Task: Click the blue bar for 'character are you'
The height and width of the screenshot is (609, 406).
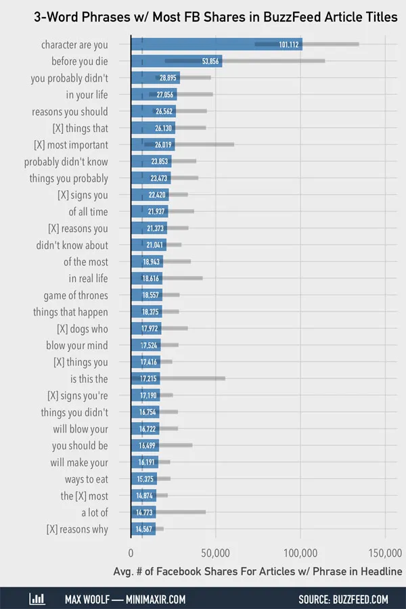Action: point(217,45)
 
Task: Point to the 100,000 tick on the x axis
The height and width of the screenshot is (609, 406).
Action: point(300,550)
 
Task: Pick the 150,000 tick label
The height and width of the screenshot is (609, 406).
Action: point(385,550)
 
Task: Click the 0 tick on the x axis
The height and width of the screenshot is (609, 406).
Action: point(131,550)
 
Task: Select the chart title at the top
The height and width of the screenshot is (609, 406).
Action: point(216,18)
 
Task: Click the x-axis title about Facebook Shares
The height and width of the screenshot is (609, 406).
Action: point(258,572)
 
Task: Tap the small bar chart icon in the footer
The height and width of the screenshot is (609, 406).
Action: point(37,599)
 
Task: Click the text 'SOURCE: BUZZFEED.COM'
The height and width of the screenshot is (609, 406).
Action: point(343,600)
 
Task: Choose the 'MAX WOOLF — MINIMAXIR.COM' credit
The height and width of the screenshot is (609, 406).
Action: point(125,600)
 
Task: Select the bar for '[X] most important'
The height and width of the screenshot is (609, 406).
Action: point(153,145)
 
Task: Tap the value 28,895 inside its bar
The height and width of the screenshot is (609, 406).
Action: point(166,78)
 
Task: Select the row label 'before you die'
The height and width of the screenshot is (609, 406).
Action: point(79,62)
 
